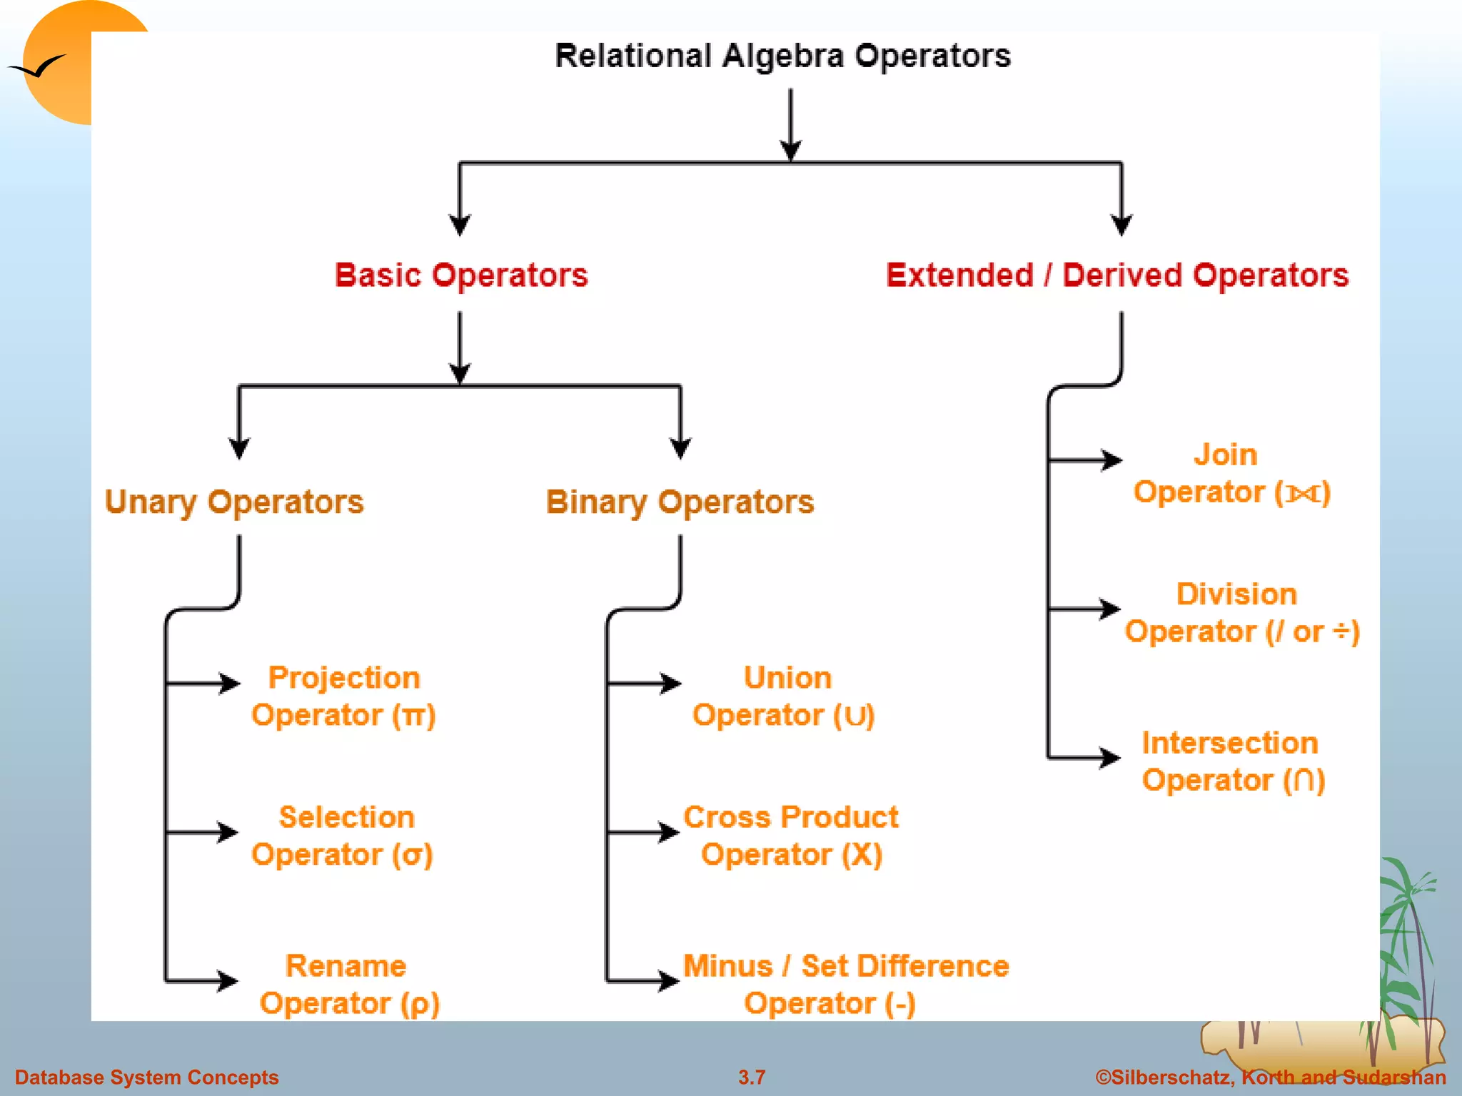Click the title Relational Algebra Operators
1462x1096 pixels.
[782, 56]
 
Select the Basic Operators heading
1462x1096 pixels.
[461, 275]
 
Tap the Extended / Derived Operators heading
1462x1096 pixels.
[1117, 275]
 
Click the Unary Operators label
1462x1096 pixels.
[234, 502]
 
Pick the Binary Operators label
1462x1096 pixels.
[680, 502]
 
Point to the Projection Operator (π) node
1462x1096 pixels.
[343, 696]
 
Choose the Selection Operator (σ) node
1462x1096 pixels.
[343, 836]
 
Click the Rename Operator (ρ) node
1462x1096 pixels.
[348, 985]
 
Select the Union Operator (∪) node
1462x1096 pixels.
[784, 696]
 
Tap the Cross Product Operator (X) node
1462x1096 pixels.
[791, 836]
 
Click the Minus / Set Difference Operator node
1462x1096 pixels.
[845, 985]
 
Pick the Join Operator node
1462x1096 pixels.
[1231, 474]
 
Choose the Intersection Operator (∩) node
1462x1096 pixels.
[1232, 761]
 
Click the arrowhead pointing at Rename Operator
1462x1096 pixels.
[228, 980]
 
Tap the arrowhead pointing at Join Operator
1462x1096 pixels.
[1112, 460]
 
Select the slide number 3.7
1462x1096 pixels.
[752, 1077]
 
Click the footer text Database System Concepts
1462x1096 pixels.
[146, 1077]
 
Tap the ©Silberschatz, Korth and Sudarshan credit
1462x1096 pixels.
[1271, 1077]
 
